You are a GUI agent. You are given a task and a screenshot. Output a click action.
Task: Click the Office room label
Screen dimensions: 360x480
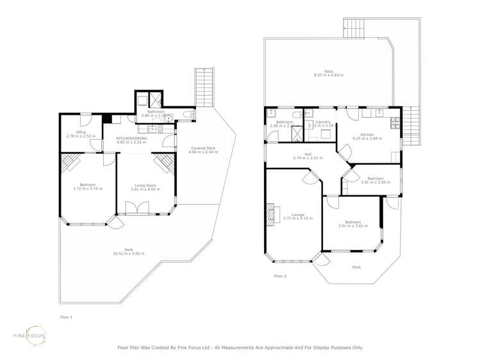click(81, 131)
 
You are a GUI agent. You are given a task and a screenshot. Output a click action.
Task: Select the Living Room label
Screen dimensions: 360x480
click(143, 184)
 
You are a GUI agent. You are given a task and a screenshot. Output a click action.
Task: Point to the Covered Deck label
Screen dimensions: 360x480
click(203, 148)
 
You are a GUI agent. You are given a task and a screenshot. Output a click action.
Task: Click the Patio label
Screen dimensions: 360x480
click(328, 71)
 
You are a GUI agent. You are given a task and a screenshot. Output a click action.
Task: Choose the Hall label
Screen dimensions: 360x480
click(308, 154)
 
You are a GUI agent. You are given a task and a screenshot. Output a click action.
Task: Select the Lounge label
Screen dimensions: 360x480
click(297, 215)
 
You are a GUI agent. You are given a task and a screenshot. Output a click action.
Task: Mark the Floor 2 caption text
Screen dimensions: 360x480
click(280, 276)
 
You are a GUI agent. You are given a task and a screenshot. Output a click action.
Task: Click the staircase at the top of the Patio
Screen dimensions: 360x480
click(354, 27)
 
